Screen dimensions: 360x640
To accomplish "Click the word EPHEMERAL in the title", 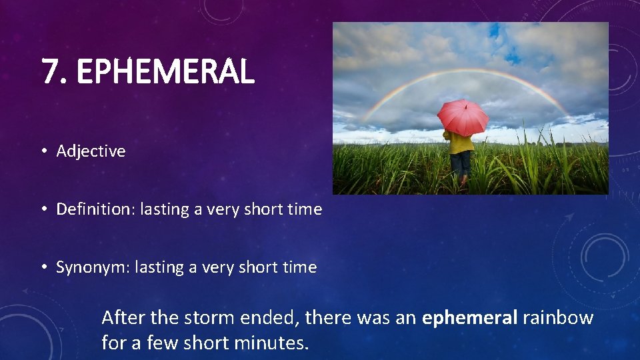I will pyautogui.click(x=165, y=72).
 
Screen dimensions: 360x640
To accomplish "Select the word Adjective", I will pyautogui.click(x=91, y=151).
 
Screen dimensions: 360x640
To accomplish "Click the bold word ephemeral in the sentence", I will pyautogui.click(x=469, y=318).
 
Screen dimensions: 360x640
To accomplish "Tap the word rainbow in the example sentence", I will pyautogui.click(x=558, y=318).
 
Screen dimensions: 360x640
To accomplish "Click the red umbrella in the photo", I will pyautogui.click(x=463, y=117).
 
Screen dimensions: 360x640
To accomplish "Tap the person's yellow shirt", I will pyautogui.click(x=461, y=143).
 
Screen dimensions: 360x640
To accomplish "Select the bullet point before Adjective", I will pyautogui.click(x=43, y=151).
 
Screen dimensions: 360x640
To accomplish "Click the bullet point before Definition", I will pyautogui.click(x=43, y=209).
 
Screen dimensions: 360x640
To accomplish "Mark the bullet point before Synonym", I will pyautogui.click(x=43, y=267).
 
